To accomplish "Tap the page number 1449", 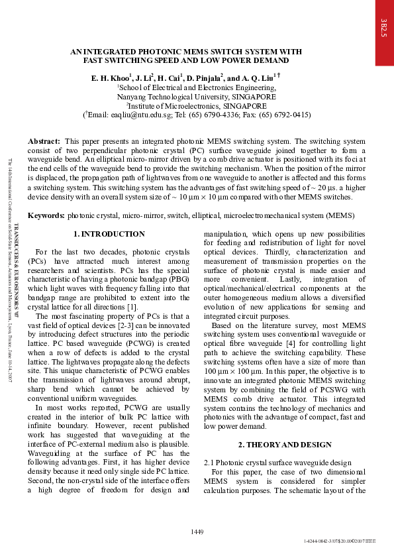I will [197, 531].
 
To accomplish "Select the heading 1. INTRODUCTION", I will [109, 234].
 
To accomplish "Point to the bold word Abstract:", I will [44, 141].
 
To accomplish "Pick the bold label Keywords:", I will [46, 216].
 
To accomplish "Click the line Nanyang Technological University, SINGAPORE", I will [197, 96].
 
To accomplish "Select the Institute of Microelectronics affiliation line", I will [197, 105].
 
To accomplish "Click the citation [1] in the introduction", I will [132, 307].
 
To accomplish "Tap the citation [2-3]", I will [124, 329].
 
